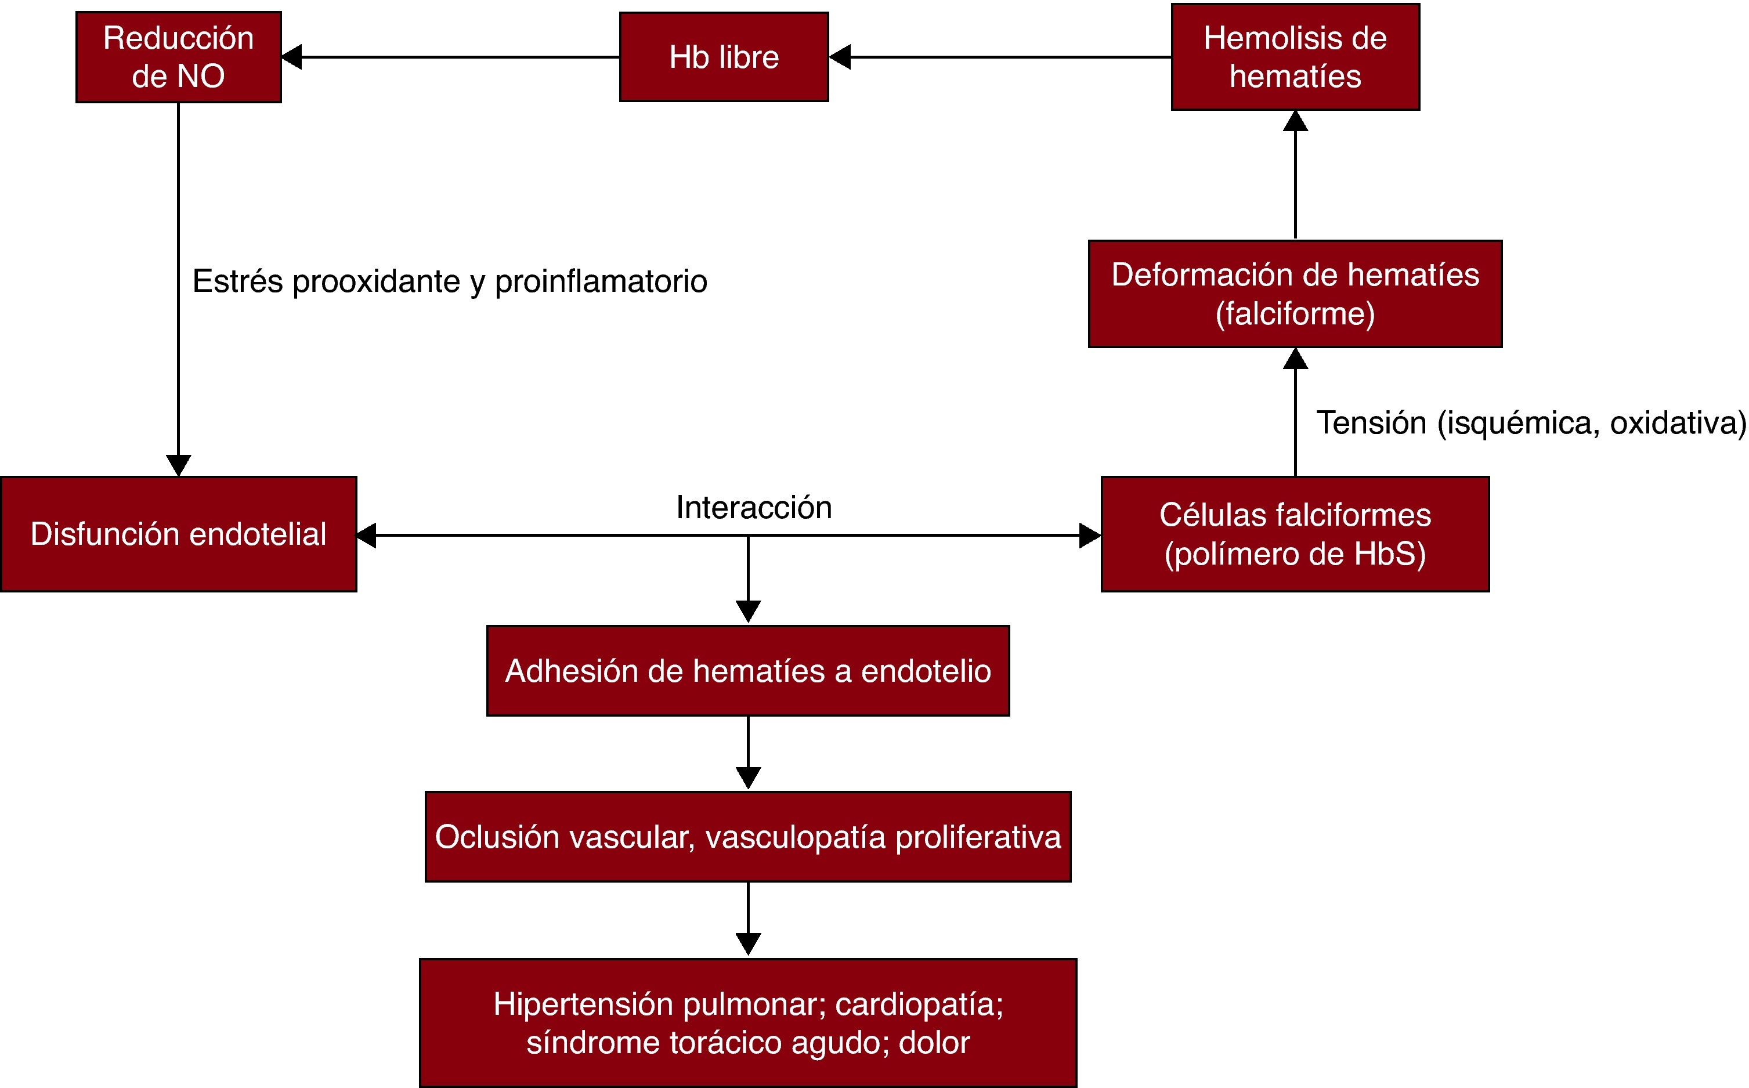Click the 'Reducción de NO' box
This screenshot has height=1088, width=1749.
coord(178,57)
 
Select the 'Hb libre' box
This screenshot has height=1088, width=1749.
coord(724,57)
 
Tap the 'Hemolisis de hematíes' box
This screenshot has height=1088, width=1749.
coord(1295,57)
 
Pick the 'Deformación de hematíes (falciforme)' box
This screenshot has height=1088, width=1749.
coord(1295,294)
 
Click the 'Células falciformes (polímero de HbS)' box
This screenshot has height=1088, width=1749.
coord(1295,534)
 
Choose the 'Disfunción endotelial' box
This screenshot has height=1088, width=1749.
coord(178,534)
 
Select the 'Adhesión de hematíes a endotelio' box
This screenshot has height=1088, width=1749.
coord(748,671)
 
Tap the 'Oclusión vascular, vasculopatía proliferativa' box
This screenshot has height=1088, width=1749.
coord(748,837)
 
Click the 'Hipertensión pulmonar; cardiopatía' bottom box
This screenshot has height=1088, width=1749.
coord(748,1022)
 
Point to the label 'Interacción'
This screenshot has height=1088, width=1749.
coord(754,507)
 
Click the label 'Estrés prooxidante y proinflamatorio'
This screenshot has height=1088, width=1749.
coord(450,281)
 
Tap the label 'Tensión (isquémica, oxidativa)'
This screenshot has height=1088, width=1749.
coord(1531,422)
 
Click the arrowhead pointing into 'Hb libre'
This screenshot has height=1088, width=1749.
coord(840,57)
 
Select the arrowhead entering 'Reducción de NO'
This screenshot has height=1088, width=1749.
coord(291,57)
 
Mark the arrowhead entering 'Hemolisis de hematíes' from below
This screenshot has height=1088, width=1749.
coord(1295,121)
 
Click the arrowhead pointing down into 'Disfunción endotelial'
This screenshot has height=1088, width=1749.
coord(178,465)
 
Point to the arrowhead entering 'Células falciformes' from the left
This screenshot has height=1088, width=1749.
coord(1090,536)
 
